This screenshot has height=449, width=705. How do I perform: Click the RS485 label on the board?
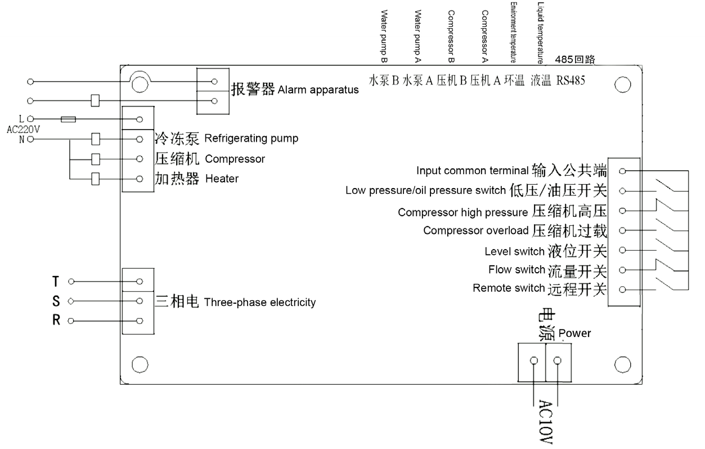coord(571,81)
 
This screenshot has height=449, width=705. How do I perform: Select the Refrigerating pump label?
coord(252,139)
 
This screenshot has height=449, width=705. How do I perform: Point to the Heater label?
coord(222,179)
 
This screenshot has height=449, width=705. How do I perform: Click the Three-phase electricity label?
coord(260,303)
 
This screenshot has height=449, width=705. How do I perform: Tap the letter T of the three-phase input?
coord(55,281)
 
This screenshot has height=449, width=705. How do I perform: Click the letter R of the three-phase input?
coord(56,321)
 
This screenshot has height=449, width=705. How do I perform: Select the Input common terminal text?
coord(473,171)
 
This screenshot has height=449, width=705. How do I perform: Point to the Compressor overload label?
coord(476,230)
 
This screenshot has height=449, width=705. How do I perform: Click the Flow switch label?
coord(517,270)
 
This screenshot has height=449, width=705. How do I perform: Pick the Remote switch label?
coord(509,289)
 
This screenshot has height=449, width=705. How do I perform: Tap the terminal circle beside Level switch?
coord(622,250)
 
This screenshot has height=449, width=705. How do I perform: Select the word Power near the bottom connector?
coord(574,333)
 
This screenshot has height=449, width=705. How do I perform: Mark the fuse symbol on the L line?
coord(69,119)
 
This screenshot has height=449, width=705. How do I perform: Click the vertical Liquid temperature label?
coord(540,32)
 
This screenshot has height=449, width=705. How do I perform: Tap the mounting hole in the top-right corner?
coord(622,85)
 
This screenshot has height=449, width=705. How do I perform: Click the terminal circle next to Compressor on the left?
coord(140,159)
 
